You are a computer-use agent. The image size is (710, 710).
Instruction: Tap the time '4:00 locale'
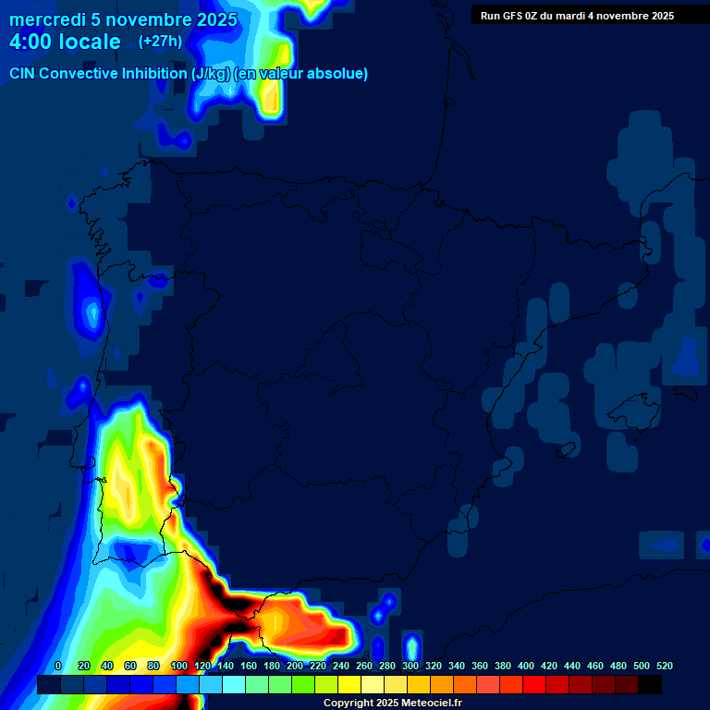(65, 43)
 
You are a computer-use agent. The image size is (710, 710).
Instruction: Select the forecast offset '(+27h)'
(160, 42)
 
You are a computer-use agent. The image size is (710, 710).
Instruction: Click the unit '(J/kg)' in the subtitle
(214, 74)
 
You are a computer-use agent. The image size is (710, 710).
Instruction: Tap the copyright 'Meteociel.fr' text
(425, 704)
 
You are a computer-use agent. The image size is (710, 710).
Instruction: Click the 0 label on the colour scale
(58, 667)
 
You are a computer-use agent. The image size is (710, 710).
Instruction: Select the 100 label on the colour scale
(179, 667)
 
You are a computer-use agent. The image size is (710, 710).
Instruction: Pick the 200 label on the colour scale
(295, 667)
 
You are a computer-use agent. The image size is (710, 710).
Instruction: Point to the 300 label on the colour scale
(410, 667)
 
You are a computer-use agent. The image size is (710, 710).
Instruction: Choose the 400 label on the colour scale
(526, 667)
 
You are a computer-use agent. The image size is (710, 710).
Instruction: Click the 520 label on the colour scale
(664, 667)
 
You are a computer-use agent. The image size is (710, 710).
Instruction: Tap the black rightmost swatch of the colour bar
(650, 685)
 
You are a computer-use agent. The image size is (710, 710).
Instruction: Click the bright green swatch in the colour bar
(303, 685)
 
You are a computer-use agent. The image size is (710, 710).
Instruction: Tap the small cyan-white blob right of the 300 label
(412, 647)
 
